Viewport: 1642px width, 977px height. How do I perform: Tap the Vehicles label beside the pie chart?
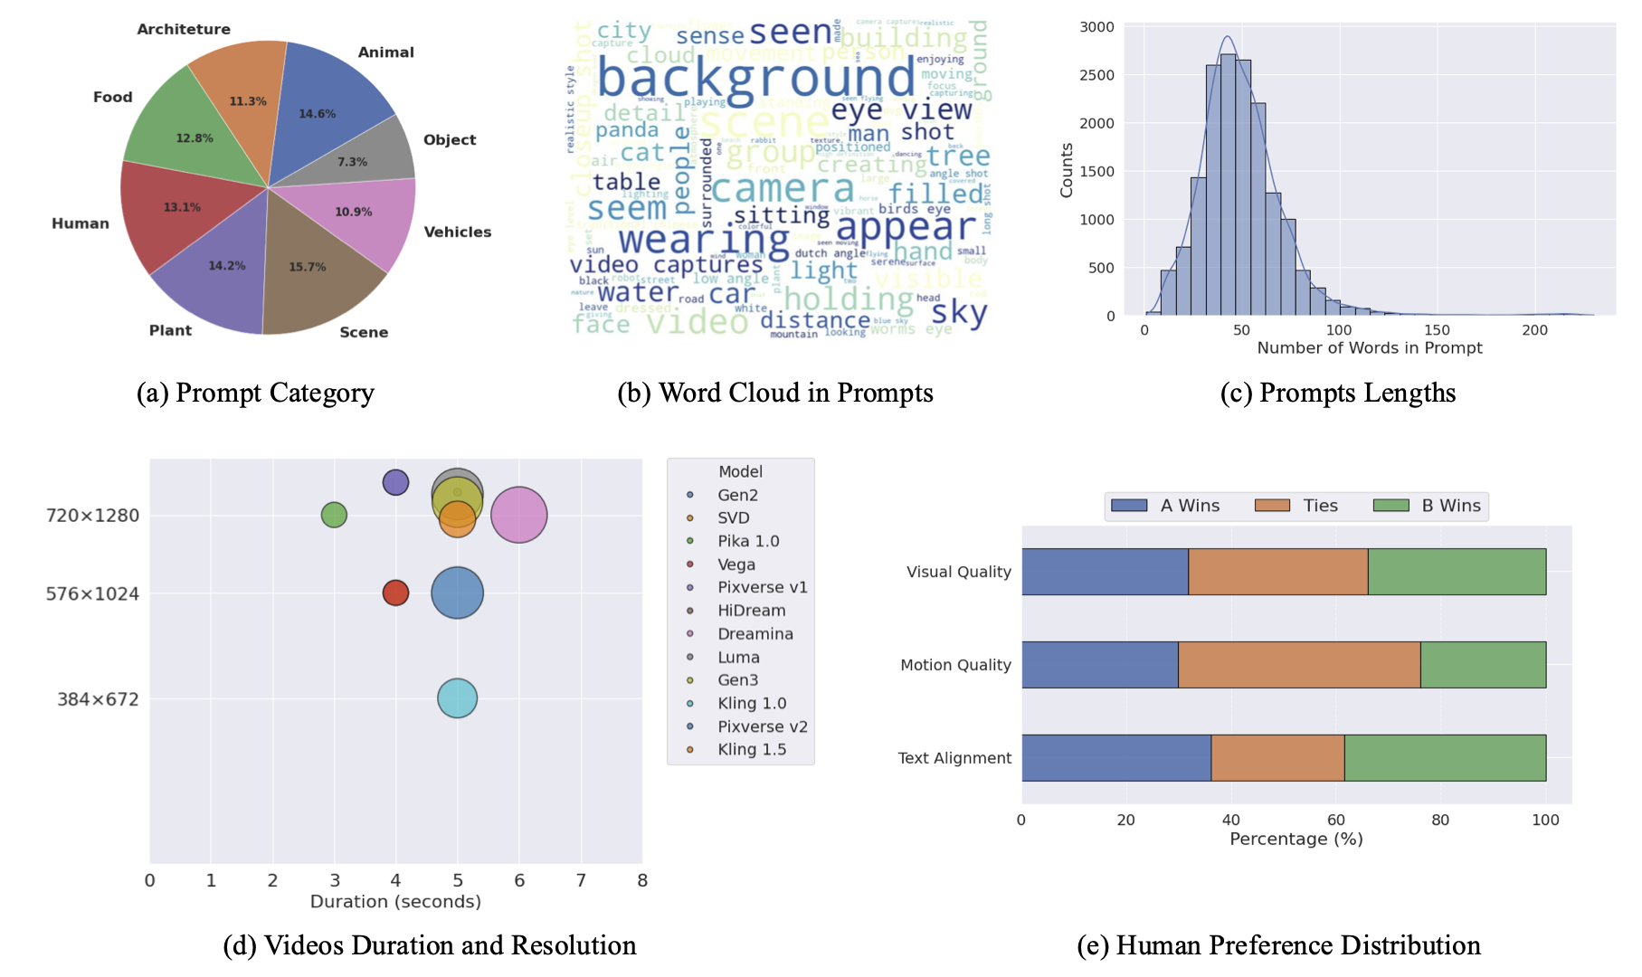(x=458, y=232)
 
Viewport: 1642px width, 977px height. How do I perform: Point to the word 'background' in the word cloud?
(x=755, y=79)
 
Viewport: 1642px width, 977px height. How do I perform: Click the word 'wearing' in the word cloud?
(x=704, y=240)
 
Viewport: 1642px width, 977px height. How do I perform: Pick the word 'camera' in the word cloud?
(x=783, y=188)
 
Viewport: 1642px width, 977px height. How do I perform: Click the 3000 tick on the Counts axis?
(x=1096, y=27)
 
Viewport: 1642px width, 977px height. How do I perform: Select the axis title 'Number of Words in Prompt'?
(x=1369, y=348)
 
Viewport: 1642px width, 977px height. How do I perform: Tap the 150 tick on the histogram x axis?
(x=1437, y=330)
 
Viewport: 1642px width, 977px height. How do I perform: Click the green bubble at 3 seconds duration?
(x=334, y=515)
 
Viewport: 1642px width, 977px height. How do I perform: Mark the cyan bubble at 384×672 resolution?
(x=457, y=698)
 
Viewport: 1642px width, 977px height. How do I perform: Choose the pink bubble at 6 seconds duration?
(x=519, y=515)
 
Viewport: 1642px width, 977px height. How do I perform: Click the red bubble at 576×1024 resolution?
(x=395, y=593)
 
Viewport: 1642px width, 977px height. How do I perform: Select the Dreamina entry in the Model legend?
(x=755, y=634)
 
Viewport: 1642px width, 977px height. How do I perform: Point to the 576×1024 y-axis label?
(x=92, y=594)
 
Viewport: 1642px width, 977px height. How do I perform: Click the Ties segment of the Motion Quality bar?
(x=1299, y=665)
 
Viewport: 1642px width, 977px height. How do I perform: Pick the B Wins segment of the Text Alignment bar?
(x=1445, y=758)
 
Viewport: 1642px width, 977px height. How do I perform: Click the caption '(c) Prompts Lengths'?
(x=1337, y=394)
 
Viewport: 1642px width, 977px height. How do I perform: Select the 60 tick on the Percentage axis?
(x=1335, y=820)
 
